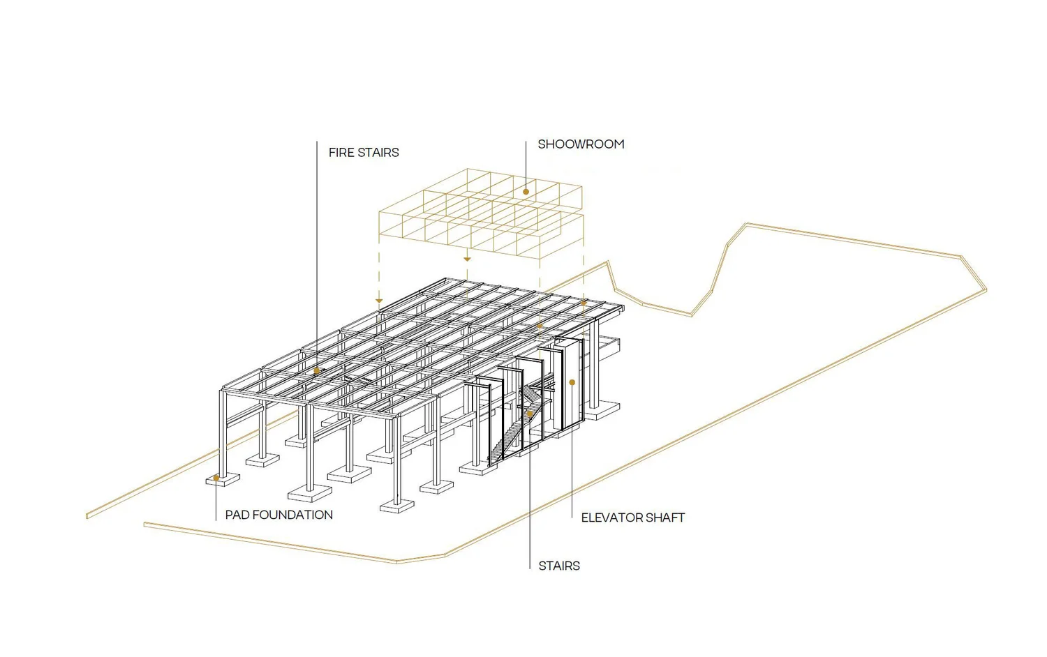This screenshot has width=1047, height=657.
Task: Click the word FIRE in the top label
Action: pyautogui.click(x=341, y=153)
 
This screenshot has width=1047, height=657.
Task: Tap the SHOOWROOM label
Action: pyautogui.click(x=581, y=144)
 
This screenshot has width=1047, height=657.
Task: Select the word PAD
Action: pyautogui.click(x=237, y=515)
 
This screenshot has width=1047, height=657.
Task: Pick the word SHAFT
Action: pyautogui.click(x=665, y=518)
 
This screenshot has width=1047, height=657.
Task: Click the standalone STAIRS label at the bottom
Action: pyautogui.click(x=559, y=566)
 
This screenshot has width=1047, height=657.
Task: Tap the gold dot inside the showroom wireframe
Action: pyautogui.click(x=526, y=192)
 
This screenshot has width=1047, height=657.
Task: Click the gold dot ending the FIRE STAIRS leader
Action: pyautogui.click(x=317, y=371)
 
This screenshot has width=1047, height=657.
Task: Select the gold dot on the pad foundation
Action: pyautogui.click(x=216, y=478)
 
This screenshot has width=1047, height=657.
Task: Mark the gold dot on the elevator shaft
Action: pyautogui.click(x=572, y=382)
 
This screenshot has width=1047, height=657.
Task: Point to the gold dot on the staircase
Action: pyautogui.click(x=530, y=414)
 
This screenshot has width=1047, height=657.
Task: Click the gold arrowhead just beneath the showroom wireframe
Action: pyautogui.click(x=467, y=259)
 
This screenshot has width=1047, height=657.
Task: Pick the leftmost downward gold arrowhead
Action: pyautogui.click(x=379, y=301)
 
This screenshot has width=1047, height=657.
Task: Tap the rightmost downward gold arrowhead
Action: pyautogui.click(x=584, y=304)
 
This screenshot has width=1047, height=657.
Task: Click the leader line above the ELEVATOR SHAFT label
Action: pyautogui.click(x=572, y=453)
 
